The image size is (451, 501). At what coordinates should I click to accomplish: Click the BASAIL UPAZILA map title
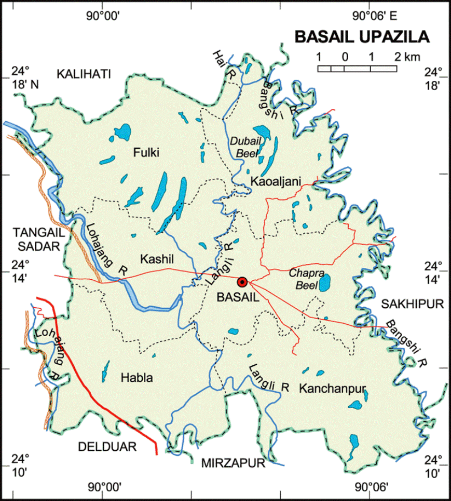pos(362,37)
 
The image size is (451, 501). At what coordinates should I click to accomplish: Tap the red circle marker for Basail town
pos(242,282)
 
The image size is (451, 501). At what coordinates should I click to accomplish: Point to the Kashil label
pos(156,259)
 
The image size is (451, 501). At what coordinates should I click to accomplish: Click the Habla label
pos(136,378)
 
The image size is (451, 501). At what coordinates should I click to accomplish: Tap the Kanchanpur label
pos(333,388)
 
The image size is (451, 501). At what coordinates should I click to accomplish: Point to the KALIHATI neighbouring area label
pos(84,74)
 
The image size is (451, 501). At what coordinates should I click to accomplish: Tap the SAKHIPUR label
pos(413,304)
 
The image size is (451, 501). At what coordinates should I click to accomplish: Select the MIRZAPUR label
pos(233,463)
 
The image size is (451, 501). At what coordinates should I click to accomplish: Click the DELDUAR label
pos(106,447)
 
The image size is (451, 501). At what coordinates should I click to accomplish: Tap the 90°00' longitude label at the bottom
pos(104,486)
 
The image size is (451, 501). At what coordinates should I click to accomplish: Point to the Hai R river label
pos(222,65)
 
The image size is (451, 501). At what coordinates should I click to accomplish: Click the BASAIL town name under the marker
pos(237,298)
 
